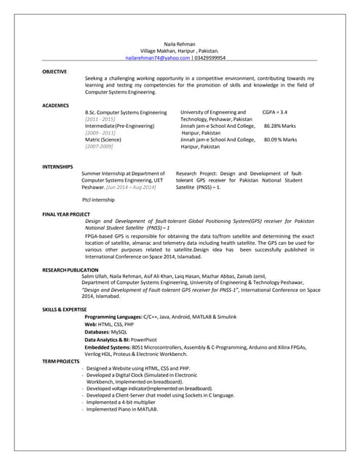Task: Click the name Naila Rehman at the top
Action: pos(180,44)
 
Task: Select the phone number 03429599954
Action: pos(209,57)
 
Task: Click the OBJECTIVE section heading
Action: pos(55,71)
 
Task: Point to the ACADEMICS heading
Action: pos(56,105)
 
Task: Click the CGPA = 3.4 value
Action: pos(275,113)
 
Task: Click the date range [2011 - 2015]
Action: pos(100,119)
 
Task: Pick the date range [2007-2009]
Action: pos(100,146)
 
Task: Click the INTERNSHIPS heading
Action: pos(57,167)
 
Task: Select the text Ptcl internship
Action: pos(98,199)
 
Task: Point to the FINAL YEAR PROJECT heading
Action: pos(66,214)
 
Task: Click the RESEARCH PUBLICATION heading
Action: pos(71,270)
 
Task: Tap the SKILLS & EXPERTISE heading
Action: pos(65,310)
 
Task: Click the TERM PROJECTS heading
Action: pos(60,361)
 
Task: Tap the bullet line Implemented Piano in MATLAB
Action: pos(121,409)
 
